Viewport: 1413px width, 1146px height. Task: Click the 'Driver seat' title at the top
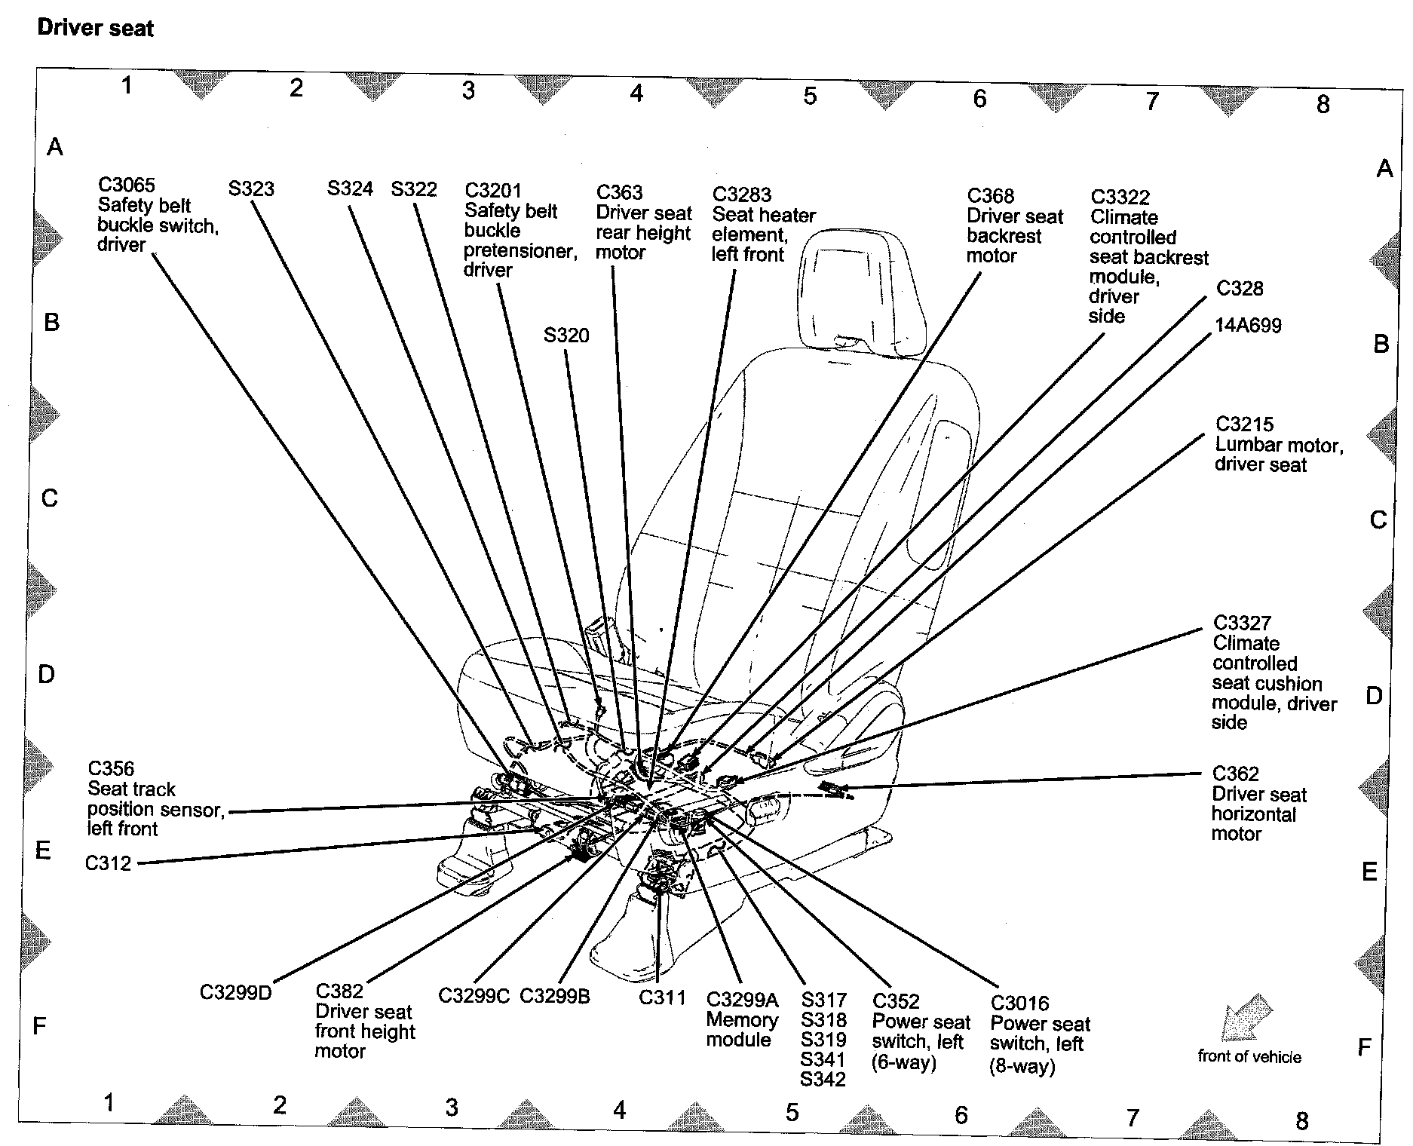(x=95, y=29)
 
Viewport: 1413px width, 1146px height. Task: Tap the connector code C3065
(x=126, y=185)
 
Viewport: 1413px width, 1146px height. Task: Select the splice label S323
(x=251, y=188)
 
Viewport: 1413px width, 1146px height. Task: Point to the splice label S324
(x=350, y=188)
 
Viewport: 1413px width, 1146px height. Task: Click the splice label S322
(x=414, y=188)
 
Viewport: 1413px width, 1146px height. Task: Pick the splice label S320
(x=566, y=335)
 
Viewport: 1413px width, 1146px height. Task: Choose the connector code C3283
(x=742, y=195)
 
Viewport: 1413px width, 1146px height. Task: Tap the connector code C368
(x=991, y=196)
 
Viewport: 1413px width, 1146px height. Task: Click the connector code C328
(x=1240, y=289)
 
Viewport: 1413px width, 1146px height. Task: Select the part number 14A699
(x=1248, y=326)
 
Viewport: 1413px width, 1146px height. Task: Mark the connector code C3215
(x=1244, y=424)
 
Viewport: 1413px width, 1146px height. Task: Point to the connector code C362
(x=1235, y=774)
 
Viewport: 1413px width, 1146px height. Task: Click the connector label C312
(x=109, y=863)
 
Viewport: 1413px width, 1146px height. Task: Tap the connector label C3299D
(x=235, y=992)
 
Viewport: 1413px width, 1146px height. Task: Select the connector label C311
(x=662, y=997)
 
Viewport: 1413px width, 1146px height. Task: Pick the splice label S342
(x=823, y=1080)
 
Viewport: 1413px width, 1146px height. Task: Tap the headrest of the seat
(x=861, y=286)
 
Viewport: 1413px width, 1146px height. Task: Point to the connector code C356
(x=111, y=768)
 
